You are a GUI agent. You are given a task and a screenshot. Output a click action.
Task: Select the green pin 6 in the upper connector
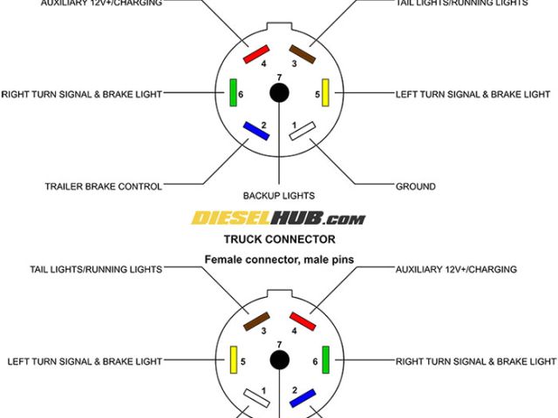pos(233,92)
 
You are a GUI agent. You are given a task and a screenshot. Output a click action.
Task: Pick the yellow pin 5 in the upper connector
pos(325,92)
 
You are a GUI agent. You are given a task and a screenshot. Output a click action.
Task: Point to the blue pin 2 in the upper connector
pos(255,131)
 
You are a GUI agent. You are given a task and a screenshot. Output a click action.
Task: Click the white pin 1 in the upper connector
pos(303,131)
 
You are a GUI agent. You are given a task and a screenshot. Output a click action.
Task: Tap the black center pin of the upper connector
pos(279,92)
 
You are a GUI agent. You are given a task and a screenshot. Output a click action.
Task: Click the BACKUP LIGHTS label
pos(279,196)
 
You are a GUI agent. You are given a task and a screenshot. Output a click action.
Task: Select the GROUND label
pos(415,186)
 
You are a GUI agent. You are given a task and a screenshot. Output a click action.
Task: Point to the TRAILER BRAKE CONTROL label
pos(103,186)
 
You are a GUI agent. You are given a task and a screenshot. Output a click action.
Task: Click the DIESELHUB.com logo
pos(279,219)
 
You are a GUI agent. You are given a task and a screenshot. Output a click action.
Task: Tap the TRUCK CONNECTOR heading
pos(279,239)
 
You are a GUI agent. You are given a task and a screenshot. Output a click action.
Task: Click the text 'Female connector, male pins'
pos(279,259)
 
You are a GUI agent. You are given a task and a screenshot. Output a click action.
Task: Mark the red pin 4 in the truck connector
pos(303,320)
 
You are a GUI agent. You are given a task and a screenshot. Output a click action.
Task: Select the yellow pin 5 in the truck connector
pos(233,359)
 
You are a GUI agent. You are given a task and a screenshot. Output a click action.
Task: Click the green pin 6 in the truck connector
pos(325,359)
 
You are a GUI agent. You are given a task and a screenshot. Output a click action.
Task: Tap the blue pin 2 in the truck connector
pos(303,398)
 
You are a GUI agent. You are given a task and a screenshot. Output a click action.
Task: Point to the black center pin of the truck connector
pos(279,359)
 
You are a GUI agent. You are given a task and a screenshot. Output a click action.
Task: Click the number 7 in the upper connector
pos(279,78)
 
